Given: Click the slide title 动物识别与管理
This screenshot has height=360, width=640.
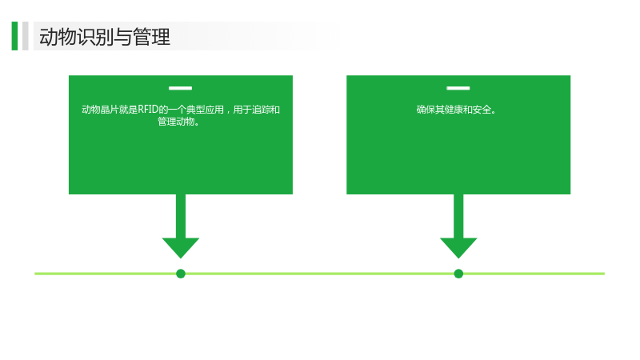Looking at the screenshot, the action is pyautogui.click(x=105, y=37).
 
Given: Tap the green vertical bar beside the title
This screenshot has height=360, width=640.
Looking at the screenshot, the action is pyautogui.click(x=14, y=36).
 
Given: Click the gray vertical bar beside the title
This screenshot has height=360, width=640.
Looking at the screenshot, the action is pyautogui.click(x=26, y=36).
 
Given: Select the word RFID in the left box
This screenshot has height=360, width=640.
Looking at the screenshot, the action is pyautogui.click(x=148, y=110).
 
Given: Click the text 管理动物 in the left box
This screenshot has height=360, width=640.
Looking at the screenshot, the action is pyautogui.click(x=176, y=122).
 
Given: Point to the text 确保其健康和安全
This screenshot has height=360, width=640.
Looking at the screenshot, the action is pyautogui.click(x=454, y=110).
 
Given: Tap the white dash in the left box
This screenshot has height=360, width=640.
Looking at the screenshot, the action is pyautogui.click(x=181, y=88).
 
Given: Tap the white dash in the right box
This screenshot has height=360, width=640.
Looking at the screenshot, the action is pyautogui.click(x=458, y=88).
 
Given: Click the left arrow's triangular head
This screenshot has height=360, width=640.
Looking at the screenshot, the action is pyautogui.click(x=181, y=247).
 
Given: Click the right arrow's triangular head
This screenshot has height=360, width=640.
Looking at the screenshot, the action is pyautogui.click(x=458, y=247).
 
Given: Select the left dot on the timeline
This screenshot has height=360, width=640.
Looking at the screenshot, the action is pyautogui.click(x=181, y=274).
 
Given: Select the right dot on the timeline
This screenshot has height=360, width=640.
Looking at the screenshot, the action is pyautogui.click(x=458, y=274).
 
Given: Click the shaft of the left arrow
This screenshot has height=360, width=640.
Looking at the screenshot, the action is pyautogui.click(x=181, y=216).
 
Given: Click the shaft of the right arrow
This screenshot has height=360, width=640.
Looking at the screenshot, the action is pyautogui.click(x=458, y=216).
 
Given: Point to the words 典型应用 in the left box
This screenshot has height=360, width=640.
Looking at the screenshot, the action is pyautogui.click(x=205, y=110).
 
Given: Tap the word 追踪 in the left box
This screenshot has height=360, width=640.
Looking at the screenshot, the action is pyautogui.click(x=262, y=110).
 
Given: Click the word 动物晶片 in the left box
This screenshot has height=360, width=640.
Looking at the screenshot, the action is pyautogui.click(x=100, y=110).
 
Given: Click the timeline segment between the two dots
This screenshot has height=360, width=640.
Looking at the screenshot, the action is pyautogui.click(x=319, y=274).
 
